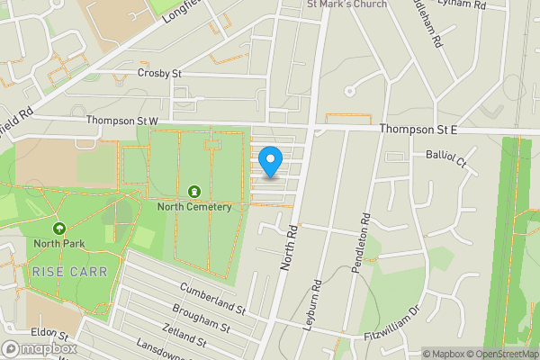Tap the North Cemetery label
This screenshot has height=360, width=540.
click(194, 206)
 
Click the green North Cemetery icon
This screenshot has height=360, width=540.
click(194, 191)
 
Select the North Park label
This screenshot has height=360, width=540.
click(58, 243)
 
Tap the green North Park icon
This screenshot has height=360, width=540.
click(59, 229)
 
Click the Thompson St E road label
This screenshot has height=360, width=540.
click(418, 130)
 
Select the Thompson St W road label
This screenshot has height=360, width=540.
click(121, 121)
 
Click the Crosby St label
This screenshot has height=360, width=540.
click(160, 73)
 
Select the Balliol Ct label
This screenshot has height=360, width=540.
click(446, 159)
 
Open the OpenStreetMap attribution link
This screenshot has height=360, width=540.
click(504, 353)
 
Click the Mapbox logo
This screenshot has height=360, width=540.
click(40, 348)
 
